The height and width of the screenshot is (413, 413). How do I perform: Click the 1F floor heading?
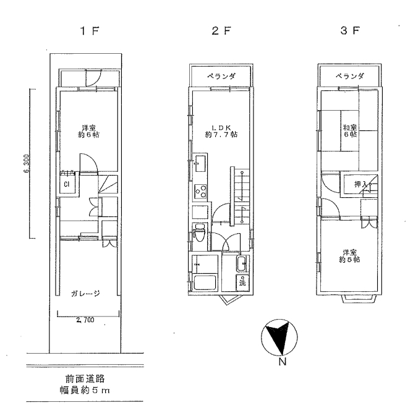click(90, 31)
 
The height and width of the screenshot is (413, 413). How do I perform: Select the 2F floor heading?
click(221, 31)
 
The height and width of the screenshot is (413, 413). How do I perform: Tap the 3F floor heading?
click(350, 31)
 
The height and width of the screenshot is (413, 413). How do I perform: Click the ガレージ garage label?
click(85, 293)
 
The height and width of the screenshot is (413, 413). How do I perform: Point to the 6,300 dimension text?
click(27, 163)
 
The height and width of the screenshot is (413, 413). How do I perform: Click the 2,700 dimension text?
click(85, 320)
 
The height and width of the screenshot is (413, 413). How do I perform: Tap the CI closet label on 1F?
click(66, 184)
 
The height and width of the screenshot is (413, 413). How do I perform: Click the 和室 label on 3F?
click(349, 128)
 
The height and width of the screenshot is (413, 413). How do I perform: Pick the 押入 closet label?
click(361, 184)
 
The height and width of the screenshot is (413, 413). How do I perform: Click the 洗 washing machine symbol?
click(242, 283)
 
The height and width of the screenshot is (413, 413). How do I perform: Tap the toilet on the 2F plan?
click(199, 233)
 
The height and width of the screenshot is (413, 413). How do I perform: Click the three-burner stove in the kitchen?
click(201, 192)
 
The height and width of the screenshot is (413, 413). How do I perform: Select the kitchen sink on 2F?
click(200, 164)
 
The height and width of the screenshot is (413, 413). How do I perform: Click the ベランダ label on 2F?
click(221, 77)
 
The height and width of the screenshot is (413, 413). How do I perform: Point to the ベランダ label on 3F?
click(350, 77)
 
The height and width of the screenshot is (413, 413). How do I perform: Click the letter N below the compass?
click(282, 362)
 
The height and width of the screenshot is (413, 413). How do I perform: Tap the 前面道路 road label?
click(85, 379)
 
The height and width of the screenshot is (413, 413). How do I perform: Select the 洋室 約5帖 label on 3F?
click(349, 256)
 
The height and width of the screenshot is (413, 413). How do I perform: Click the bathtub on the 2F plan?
click(205, 283)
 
